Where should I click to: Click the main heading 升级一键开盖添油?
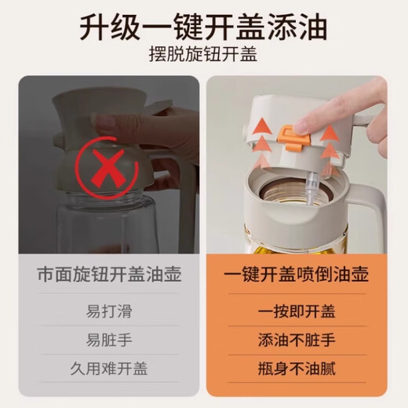coord(203,27)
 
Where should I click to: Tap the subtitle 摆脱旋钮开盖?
coord(203,55)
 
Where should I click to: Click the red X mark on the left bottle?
coord(107,168)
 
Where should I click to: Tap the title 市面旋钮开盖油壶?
coord(109,275)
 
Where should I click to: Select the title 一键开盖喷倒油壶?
coord(297,275)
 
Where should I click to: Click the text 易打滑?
coord(109,311)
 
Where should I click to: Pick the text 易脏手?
coord(109,340)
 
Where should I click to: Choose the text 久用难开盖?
coord(109,368)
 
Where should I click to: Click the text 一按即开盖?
coord(297,311)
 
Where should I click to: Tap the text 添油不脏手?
coord(297,340)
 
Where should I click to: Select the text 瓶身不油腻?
coord(297,369)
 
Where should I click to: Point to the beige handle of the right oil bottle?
coord(370,209)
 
